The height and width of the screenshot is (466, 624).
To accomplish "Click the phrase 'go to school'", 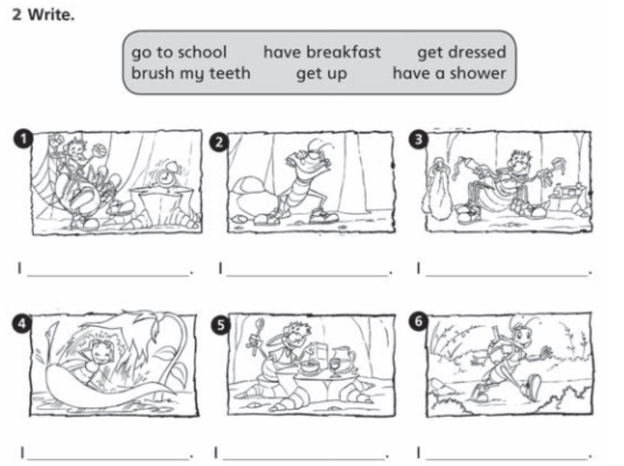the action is (179, 53).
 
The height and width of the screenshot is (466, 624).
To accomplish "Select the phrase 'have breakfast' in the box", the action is (322, 52).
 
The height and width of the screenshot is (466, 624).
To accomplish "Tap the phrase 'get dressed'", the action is (462, 53).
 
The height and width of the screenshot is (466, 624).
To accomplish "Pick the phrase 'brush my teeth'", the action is (191, 74).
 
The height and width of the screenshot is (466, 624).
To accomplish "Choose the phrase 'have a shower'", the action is (449, 73).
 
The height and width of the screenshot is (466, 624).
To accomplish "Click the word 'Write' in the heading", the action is (50, 15).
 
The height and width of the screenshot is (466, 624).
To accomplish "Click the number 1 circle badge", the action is (24, 139).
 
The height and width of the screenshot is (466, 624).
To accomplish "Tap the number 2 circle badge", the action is (219, 143).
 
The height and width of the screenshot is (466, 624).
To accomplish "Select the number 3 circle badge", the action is (418, 139).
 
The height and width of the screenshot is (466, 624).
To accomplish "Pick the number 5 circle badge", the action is (221, 325).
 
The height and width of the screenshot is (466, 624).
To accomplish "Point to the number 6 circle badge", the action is (418, 321).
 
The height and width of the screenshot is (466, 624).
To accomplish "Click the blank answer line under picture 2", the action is (307, 275).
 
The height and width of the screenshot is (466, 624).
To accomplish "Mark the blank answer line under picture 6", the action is (506, 459).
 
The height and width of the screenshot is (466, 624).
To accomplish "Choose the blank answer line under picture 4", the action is (107, 459).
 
